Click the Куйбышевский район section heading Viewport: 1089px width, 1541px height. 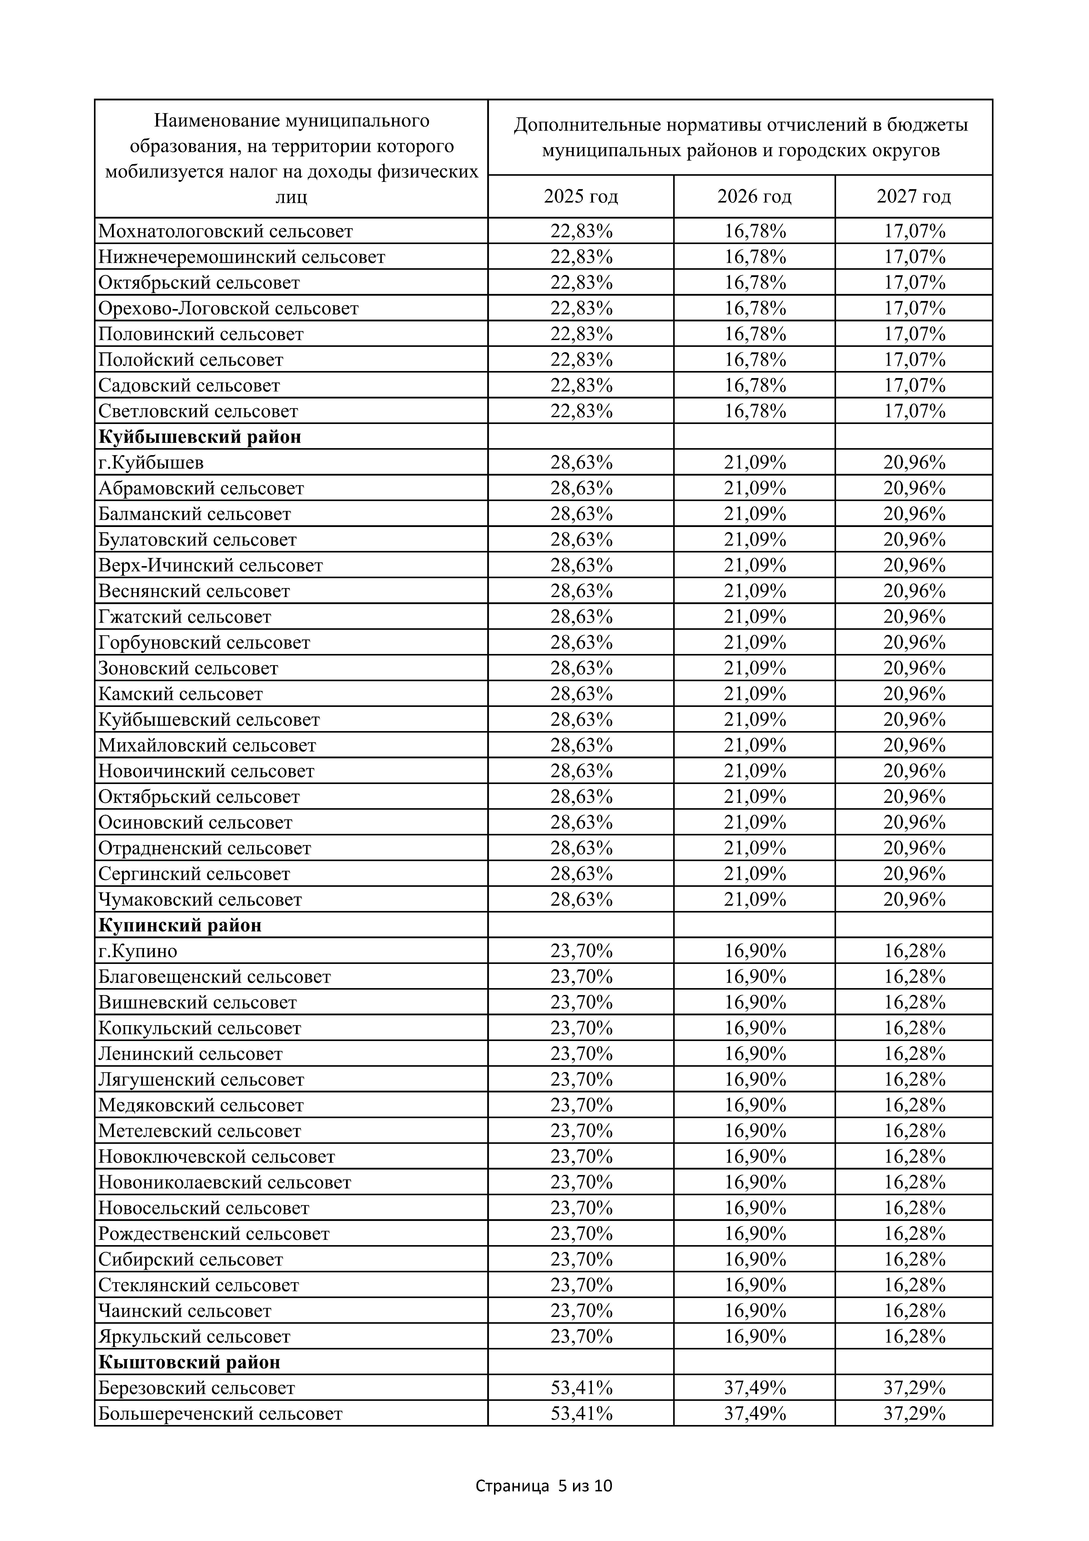[200, 437]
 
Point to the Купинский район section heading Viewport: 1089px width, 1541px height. [180, 925]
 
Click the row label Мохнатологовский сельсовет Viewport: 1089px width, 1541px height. [225, 232]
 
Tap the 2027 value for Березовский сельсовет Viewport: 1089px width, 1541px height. [914, 1388]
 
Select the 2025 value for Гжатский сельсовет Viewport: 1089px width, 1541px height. [581, 617]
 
